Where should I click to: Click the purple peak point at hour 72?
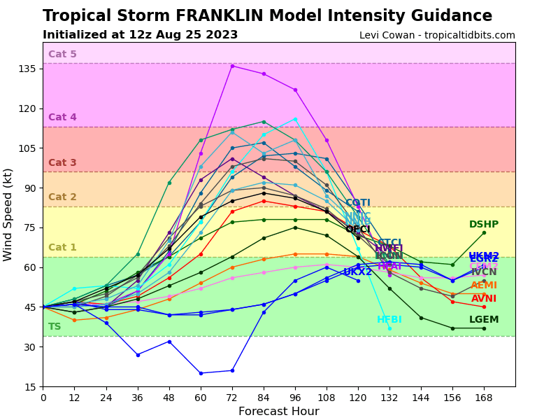[232, 66]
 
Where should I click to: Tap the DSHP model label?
[484, 225]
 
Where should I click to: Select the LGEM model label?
[484, 320]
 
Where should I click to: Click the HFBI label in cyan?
[389, 320]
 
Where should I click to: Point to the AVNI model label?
[484, 299]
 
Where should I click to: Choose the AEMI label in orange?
[484, 286]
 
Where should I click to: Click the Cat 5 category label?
[62, 55]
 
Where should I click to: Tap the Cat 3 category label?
[62, 163]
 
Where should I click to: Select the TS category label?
[55, 327]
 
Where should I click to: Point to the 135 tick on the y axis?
[28, 69]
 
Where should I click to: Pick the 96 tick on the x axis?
[295, 397]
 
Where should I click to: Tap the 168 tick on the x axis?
[484, 397]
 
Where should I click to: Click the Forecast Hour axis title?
[278, 412]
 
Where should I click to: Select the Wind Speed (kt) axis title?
[8, 214]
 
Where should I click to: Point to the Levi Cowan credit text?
[437, 35]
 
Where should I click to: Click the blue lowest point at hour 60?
[201, 373]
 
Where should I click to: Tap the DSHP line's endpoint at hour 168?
[484, 232]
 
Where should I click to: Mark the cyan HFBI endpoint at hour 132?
[389, 328]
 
